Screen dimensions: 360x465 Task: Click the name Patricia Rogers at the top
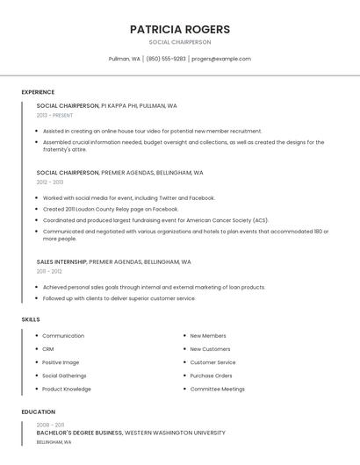pos(180,29)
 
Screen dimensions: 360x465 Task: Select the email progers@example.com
pos(221,59)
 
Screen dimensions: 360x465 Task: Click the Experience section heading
pos(38,92)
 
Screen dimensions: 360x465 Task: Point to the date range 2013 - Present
pos(54,115)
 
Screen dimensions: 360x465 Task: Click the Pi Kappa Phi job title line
pos(106,105)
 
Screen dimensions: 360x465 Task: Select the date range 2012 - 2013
pos(50,182)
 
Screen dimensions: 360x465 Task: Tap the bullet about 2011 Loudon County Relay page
pos(110,209)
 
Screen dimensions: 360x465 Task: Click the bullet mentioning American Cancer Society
pos(155,220)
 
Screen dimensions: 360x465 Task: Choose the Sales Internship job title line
pos(113,261)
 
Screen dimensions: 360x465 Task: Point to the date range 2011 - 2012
pos(49,271)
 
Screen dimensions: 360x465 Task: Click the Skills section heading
pos(31,319)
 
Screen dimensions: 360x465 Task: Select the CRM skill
pos(48,349)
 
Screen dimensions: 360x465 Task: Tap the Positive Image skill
pos(61,362)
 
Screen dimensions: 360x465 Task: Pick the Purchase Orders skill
pos(212,376)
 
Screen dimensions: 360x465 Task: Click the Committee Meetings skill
pos(218,389)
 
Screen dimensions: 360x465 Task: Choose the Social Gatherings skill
pos(65,376)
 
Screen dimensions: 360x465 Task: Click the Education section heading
pos(38,411)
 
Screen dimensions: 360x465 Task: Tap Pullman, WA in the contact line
pos(124,59)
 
